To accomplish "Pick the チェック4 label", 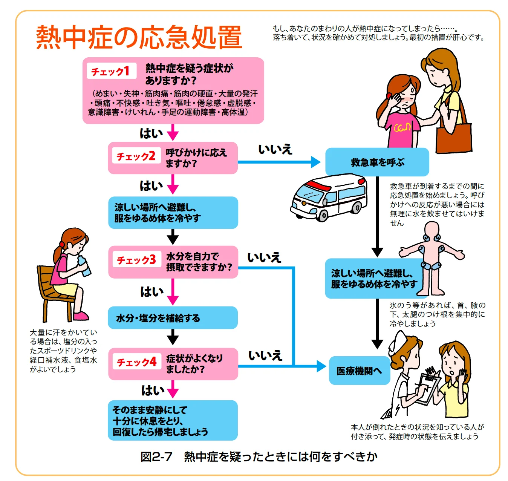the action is (137, 362).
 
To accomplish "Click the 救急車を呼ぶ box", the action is (377, 162).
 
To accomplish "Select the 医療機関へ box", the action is (359, 371).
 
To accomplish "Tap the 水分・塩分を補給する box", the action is (173, 318).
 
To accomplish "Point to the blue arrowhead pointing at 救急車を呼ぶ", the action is (315, 162).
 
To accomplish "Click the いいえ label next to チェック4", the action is (265, 355).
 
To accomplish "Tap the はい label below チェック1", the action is (151, 133).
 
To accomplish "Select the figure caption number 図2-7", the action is (156, 457).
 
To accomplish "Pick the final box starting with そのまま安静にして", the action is (173, 421).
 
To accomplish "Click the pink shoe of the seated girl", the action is (81, 316).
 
